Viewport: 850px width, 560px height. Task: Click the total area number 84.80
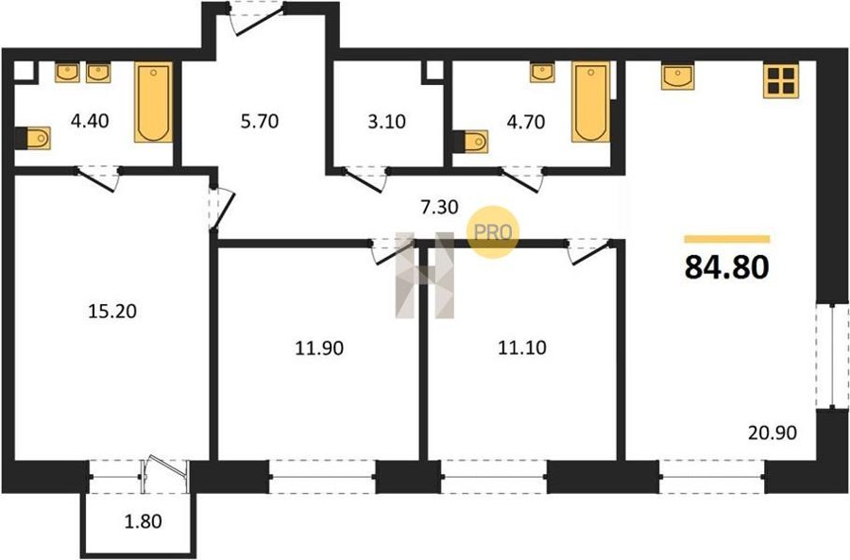coord(726,266)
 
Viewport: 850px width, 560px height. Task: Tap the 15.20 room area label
coord(112,312)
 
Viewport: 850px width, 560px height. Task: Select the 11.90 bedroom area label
coord(319,348)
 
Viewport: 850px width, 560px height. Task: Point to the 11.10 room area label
coord(522,348)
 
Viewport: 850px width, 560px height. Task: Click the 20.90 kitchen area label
coord(773,433)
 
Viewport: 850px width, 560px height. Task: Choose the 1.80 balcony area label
coord(144,521)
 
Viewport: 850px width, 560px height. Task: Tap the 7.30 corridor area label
coord(439,207)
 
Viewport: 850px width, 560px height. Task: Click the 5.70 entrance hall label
coord(260,121)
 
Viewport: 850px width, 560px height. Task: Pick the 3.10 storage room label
coord(386,122)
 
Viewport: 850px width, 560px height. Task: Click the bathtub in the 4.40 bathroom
coord(153,102)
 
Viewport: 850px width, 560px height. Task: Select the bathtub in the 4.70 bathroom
coord(591,102)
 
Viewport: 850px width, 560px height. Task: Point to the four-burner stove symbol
coord(781,81)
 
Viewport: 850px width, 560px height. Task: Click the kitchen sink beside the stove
coord(677,76)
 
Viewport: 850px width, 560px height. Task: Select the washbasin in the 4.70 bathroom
coord(542,73)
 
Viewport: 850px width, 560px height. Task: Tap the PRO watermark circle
coord(493,232)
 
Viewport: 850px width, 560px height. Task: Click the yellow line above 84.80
coord(727,239)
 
